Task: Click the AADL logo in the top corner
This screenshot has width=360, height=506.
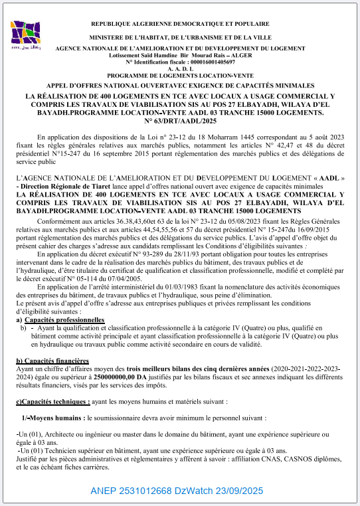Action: coord(27,36)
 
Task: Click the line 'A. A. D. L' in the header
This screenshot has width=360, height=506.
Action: coord(181,68)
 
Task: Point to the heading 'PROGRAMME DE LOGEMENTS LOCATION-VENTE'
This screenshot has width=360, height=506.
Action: coord(181,75)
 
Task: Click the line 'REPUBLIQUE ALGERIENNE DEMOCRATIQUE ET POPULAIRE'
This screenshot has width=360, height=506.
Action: coord(181,24)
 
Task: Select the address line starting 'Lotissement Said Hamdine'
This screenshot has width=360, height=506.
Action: coord(181,55)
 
